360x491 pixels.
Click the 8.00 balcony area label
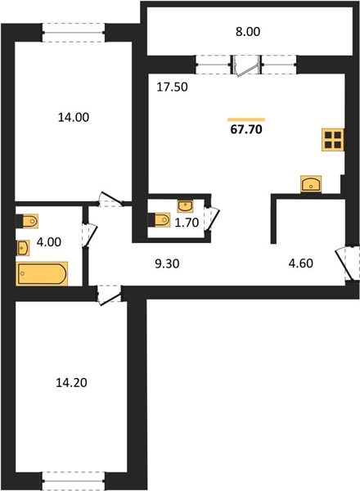point(248,32)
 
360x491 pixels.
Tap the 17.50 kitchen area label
point(172,87)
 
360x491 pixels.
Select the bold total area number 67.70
point(246,129)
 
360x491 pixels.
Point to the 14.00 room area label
point(74,117)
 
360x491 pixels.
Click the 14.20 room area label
point(71,383)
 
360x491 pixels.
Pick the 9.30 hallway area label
point(167,264)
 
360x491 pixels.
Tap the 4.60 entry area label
point(300,264)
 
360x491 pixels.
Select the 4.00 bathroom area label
point(49,242)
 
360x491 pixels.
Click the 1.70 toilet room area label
point(187,223)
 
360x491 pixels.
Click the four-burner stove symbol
point(333,140)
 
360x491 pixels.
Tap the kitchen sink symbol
point(311,184)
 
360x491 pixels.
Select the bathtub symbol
point(42,273)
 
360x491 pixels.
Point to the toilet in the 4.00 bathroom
point(27,222)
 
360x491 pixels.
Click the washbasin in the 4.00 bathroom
point(23,248)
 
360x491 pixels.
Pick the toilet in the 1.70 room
point(159,219)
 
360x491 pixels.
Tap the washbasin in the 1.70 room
point(185,206)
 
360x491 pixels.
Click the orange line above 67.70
point(246,119)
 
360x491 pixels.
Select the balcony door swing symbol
point(246,65)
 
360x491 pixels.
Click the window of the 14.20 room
point(74,480)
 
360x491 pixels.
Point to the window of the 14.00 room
point(74,32)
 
